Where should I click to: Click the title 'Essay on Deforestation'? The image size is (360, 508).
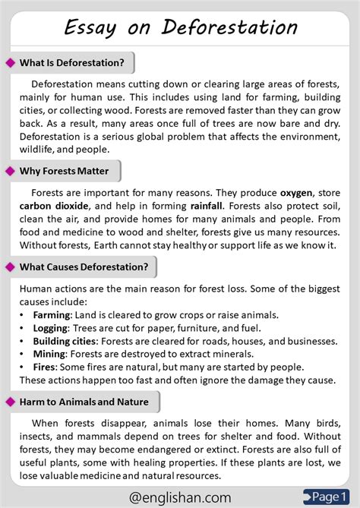(180, 28)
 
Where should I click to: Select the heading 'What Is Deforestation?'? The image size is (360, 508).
(72, 62)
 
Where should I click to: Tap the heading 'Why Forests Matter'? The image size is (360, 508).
(65, 171)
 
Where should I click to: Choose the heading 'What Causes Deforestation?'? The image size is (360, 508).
(84, 267)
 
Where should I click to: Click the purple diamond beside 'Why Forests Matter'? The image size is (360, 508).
(10, 171)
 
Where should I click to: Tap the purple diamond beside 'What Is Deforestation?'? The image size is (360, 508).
(10, 62)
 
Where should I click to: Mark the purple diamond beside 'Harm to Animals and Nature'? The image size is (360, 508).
(10, 402)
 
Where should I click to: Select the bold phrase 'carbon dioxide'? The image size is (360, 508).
(55, 206)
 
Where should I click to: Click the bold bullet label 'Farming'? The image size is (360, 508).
(52, 315)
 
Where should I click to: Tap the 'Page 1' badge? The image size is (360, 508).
(330, 496)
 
